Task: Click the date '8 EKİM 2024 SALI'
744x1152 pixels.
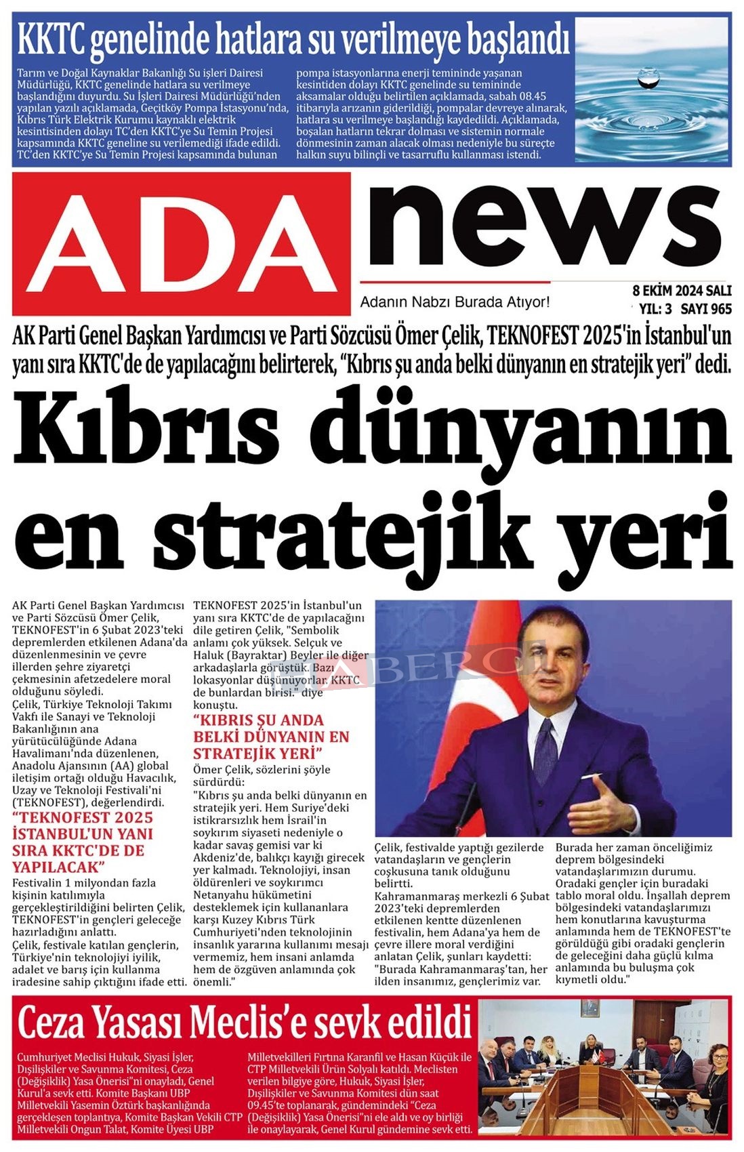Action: pos(682,291)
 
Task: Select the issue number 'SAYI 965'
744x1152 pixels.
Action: pos(706,310)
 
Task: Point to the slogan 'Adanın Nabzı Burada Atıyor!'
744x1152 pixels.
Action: pos(455,302)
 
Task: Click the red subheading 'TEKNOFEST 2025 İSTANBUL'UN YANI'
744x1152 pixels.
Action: pos(83,825)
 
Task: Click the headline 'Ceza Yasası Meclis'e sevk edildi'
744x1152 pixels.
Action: pos(244,1023)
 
